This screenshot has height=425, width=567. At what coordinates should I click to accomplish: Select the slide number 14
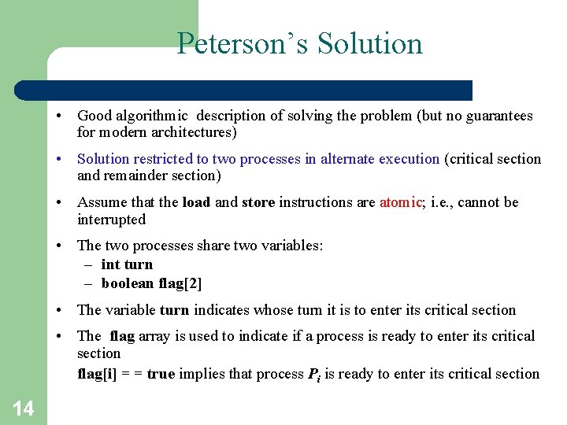[x=23, y=408]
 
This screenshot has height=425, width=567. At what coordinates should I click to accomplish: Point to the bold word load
[x=196, y=202]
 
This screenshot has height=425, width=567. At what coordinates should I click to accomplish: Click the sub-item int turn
[x=127, y=264]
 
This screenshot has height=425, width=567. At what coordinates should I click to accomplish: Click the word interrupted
[x=111, y=220]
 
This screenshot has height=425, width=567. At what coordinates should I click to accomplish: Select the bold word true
[x=161, y=374]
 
